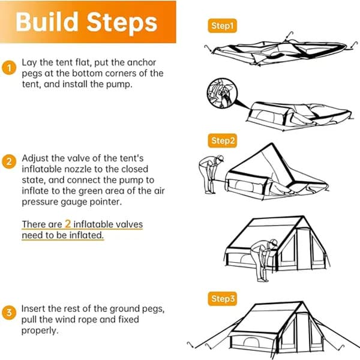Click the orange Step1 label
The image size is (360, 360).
tap(223, 26)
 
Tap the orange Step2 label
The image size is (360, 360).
tap(223, 141)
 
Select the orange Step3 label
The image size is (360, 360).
tap(223, 298)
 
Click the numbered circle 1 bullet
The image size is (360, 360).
tap(8, 68)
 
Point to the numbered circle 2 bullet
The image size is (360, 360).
tap(8, 161)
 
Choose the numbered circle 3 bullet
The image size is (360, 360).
tap(8, 313)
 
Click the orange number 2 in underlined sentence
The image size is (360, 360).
tap(68, 224)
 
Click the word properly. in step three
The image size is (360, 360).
tap(39, 330)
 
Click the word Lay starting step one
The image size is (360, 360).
tap(29, 62)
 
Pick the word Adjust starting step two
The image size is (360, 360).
tap(35, 158)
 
